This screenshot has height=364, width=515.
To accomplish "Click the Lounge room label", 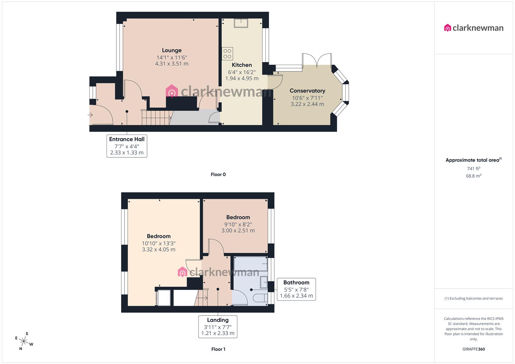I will coord(172,50).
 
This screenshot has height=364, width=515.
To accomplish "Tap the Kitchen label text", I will coord(241,65).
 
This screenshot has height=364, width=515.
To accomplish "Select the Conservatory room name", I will coord(307,91).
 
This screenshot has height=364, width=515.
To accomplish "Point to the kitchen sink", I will coord(241,23).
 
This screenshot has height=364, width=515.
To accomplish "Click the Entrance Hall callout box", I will coord(127,146).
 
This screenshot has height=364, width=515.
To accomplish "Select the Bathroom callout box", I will coord(296,289).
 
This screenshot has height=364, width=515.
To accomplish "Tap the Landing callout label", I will coord(218,326).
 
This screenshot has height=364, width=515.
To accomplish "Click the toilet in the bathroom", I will coord(259,298).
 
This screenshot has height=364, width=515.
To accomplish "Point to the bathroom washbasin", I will coord(263,282).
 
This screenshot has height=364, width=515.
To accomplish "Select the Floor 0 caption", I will coord(218,175).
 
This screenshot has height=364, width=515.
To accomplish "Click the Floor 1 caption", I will coord(218,349).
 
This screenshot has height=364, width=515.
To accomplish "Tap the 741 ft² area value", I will coord(474,169).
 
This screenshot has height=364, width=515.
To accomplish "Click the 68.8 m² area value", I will coord(474,176).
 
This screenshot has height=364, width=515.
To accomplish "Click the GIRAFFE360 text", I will coord(474,349).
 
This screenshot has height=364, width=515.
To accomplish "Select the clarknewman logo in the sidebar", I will coord(474,28).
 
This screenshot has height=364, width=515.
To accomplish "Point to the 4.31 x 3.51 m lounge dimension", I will coord(172,64).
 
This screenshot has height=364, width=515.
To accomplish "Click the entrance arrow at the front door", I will coord(90,115).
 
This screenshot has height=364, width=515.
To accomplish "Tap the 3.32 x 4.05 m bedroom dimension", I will coord(159,250).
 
